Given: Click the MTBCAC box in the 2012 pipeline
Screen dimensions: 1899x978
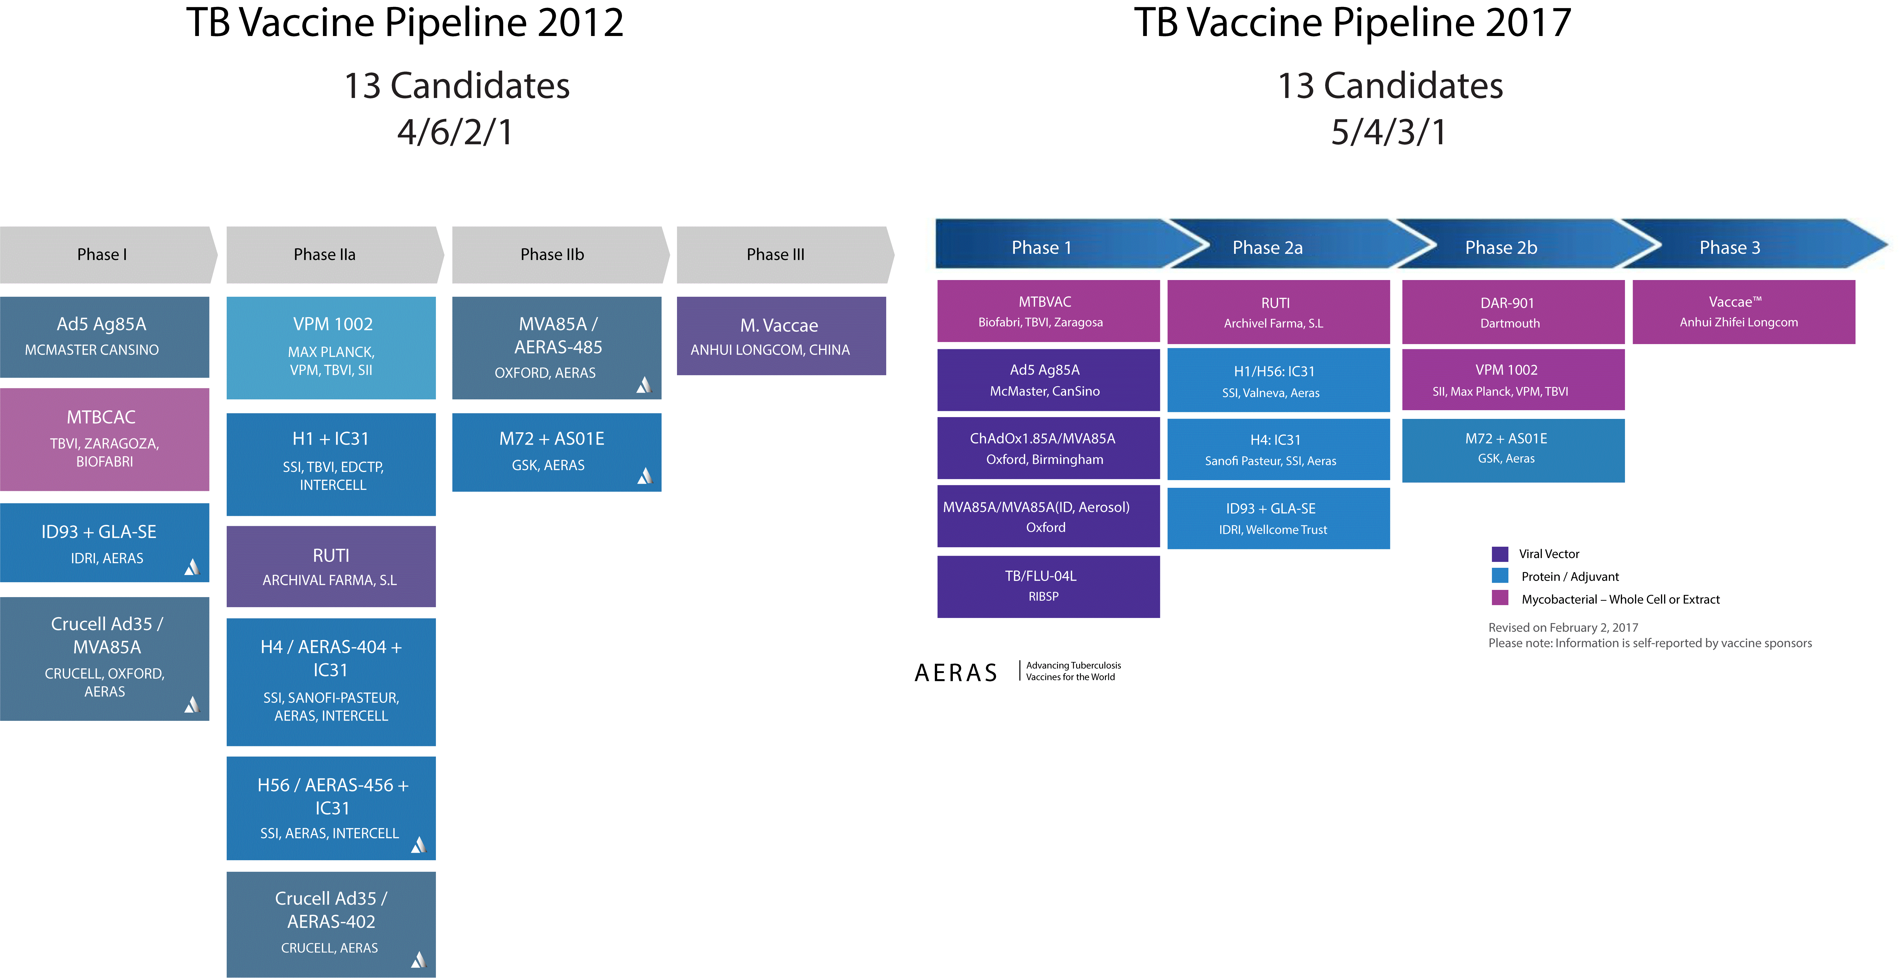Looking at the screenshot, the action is (x=105, y=439).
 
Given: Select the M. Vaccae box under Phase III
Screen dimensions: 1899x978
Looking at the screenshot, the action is (x=781, y=336).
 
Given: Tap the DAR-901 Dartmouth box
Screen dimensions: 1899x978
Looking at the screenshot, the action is (x=1513, y=312).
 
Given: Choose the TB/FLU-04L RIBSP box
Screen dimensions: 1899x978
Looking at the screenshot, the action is (x=1048, y=587).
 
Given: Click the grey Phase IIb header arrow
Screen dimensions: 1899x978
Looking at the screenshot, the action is (x=560, y=254).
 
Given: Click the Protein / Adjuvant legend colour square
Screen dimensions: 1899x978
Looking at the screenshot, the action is (x=1499, y=576).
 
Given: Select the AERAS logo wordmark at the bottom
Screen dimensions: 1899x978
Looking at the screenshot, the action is (x=955, y=672).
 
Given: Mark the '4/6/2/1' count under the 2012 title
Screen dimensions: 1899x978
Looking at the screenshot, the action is (x=455, y=133).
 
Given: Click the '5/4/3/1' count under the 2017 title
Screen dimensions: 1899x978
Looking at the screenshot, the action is (x=1389, y=133).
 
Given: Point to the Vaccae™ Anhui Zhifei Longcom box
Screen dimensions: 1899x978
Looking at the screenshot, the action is (x=1744, y=312).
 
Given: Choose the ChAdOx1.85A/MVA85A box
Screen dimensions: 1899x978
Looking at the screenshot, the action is (x=1048, y=448).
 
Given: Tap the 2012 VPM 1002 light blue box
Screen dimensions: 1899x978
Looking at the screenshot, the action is (x=331, y=348).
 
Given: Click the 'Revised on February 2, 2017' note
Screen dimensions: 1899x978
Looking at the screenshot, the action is (x=1563, y=627).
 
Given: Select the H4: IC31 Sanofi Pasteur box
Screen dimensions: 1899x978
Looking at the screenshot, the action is (x=1278, y=450).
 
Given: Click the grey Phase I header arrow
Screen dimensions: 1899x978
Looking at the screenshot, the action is (x=108, y=254).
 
